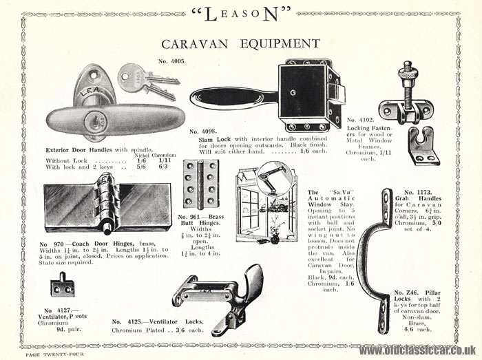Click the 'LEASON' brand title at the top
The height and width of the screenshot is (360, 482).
(x=240, y=14)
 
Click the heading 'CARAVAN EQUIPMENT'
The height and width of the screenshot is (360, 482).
(x=240, y=43)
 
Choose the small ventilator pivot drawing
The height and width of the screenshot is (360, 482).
(x=62, y=284)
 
